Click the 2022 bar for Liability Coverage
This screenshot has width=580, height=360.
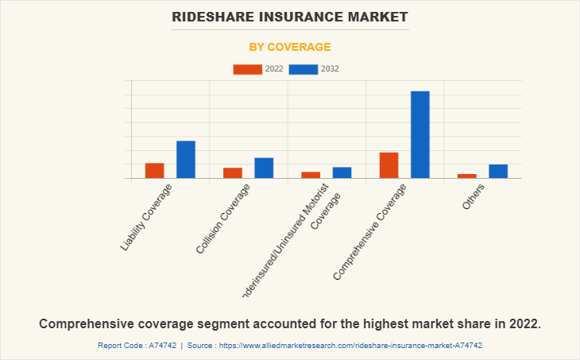[154, 170]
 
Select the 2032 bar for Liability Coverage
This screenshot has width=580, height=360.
[186, 159]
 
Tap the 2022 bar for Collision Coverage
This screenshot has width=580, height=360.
[233, 172]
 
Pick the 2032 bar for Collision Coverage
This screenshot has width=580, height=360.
[264, 168]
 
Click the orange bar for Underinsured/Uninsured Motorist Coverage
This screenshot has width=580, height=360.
[311, 175]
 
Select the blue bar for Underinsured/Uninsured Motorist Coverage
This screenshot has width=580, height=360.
[342, 172]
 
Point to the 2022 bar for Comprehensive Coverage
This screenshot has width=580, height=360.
[389, 165]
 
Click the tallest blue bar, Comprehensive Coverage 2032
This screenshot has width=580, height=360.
[420, 134]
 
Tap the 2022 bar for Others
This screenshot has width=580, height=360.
[467, 176]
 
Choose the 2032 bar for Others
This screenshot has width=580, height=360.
[498, 171]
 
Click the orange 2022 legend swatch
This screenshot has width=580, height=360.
[247, 69]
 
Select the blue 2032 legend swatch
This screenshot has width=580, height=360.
[304, 69]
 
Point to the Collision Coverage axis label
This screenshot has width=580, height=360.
[223, 219]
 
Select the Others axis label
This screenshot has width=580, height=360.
[474, 196]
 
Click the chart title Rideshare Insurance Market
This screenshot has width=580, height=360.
[289, 17]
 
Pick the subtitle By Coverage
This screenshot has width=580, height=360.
[289, 47]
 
